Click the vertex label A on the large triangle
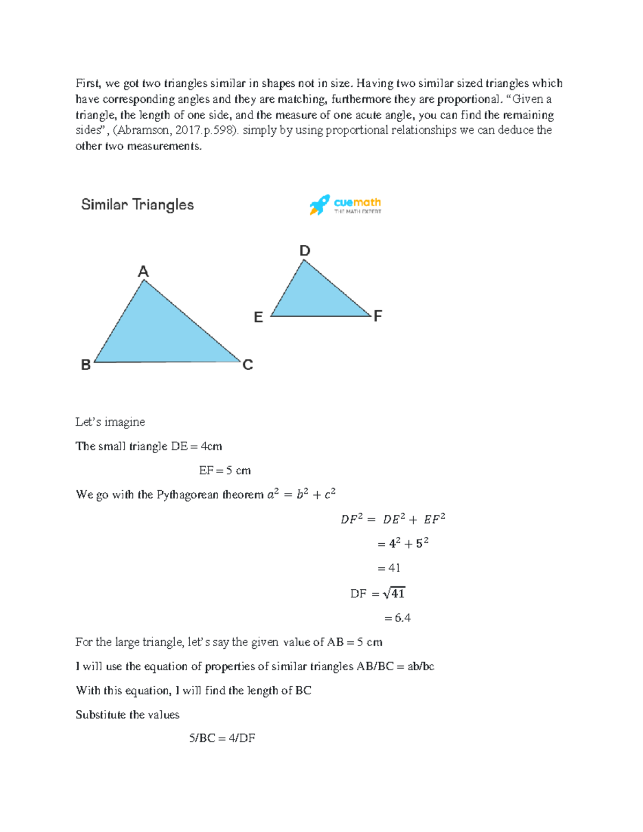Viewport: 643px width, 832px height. click(x=143, y=272)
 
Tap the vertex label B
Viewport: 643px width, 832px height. click(x=86, y=365)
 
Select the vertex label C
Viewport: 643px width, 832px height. click(x=248, y=365)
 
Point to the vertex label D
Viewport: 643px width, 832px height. click(x=304, y=251)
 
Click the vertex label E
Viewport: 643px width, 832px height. click(x=258, y=318)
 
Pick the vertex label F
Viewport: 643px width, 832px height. click(x=378, y=316)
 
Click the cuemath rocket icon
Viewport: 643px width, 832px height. click(x=319, y=205)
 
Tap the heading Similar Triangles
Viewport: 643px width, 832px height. click(x=137, y=205)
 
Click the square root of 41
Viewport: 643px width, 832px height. click(x=394, y=593)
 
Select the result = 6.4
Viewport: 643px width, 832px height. click(x=397, y=618)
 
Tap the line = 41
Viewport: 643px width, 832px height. click(x=389, y=568)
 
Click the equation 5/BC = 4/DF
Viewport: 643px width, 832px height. click(x=222, y=738)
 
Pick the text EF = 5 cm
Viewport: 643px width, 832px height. click(x=225, y=470)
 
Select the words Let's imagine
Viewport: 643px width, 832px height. click(x=110, y=422)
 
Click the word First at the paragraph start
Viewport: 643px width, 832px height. click(x=88, y=83)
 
